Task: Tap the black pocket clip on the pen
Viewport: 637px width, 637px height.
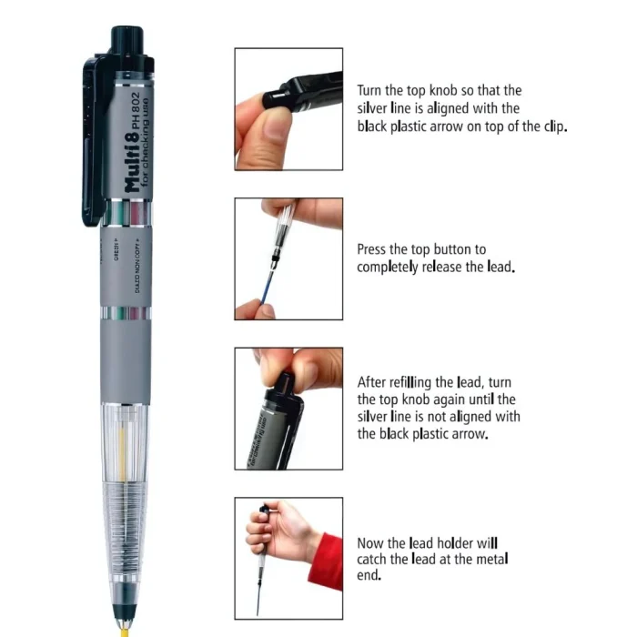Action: (92, 136)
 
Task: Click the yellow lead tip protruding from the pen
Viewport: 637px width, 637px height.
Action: (122, 628)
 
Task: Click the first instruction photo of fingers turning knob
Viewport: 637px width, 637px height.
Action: (288, 108)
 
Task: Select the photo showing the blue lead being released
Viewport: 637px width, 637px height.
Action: (288, 258)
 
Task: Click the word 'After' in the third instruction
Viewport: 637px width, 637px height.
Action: (373, 381)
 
